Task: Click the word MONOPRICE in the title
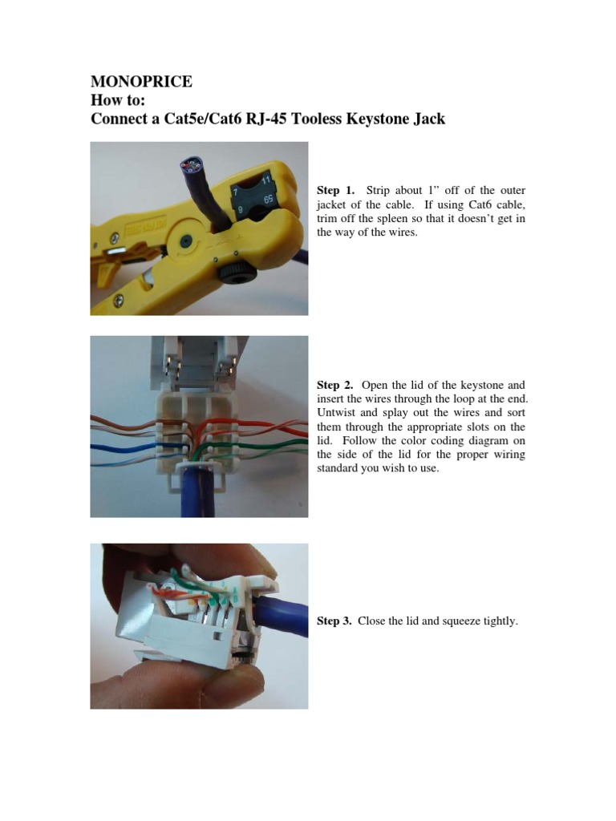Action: coord(141,82)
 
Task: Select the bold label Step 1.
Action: coord(336,190)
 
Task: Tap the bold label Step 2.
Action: coord(335,386)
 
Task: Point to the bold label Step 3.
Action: coord(334,621)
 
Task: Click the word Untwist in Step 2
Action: coord(336,413)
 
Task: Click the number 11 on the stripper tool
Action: coord(266,180)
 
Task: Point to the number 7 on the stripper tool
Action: coord(236,192)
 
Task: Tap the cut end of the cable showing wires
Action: coord(192,166)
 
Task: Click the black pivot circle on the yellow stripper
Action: coord(185,241)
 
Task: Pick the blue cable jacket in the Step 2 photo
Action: coord(197,491)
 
